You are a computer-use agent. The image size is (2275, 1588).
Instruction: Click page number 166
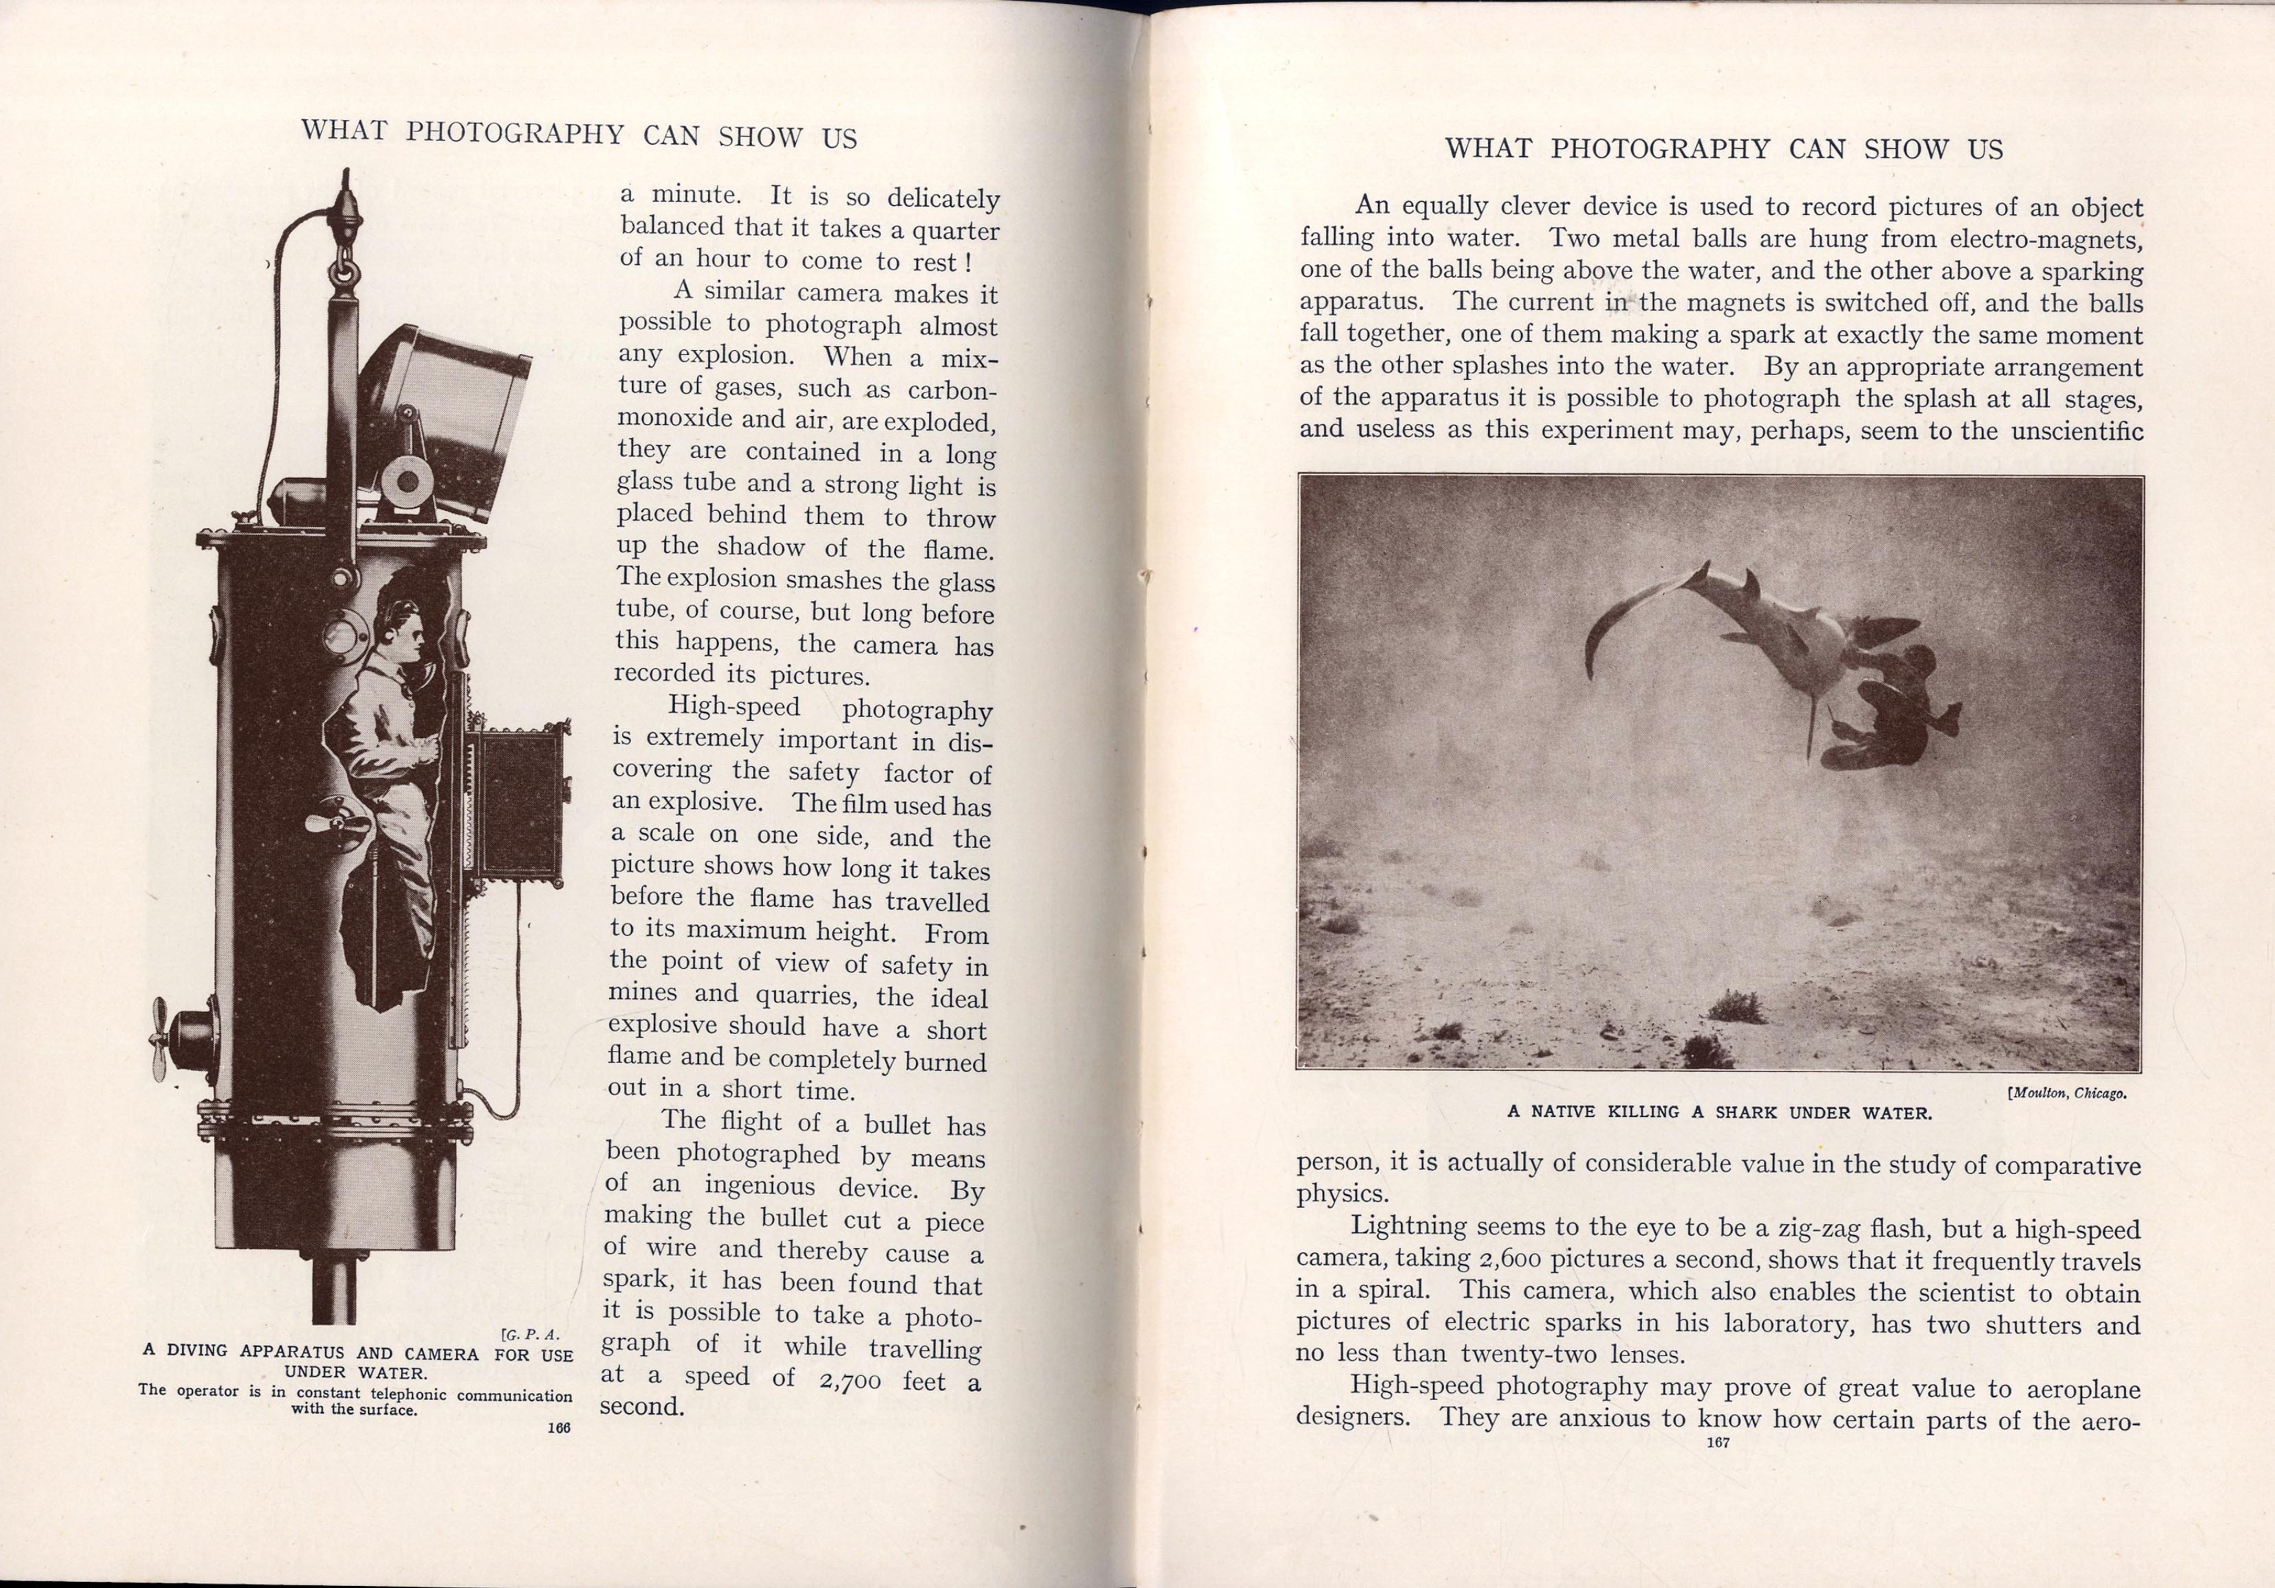click(559, 1427)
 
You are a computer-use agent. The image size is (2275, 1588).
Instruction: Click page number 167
click(1717, 1442)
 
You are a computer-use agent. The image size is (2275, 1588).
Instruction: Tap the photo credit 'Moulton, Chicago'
click(2067, 1094)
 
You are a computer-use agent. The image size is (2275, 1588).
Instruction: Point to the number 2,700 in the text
click(850, 1381)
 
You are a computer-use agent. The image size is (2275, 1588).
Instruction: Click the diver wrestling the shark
click(1888, 713)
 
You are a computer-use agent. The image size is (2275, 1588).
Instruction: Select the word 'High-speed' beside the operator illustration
click(734, 706)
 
